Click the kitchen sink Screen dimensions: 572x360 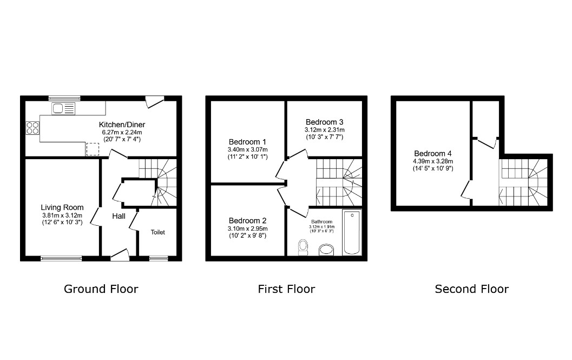(x=63, y=108)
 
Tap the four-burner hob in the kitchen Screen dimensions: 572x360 (x=32, y=128)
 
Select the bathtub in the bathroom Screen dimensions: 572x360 (x=352, y=232)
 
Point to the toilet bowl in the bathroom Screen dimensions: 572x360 (x=303, y=247)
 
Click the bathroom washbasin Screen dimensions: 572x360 (x=326, y=250)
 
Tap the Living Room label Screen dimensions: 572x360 (x=62, y=208)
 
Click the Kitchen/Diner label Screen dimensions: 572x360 (x=122, y=125)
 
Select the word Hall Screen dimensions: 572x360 (x=119, y=216)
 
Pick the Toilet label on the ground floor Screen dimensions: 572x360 (x=158, y=232)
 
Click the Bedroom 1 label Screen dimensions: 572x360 (x=247, y=142)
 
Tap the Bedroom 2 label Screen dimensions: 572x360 (x=247, y=220)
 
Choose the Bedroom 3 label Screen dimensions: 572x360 (x=324, y=122)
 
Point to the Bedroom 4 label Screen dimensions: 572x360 (x=432, y=153)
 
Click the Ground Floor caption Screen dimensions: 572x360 (x=101, y=289)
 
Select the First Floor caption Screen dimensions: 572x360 (x=286, y=289)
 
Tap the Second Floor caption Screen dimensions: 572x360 (x=472, y=289)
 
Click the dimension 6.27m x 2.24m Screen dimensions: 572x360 (x=122, y=133)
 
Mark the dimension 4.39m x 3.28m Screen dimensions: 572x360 (x=433, y=161)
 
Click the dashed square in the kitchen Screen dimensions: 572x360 (x=93, y=149)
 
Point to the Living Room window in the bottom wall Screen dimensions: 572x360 (x=61, y=259)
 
